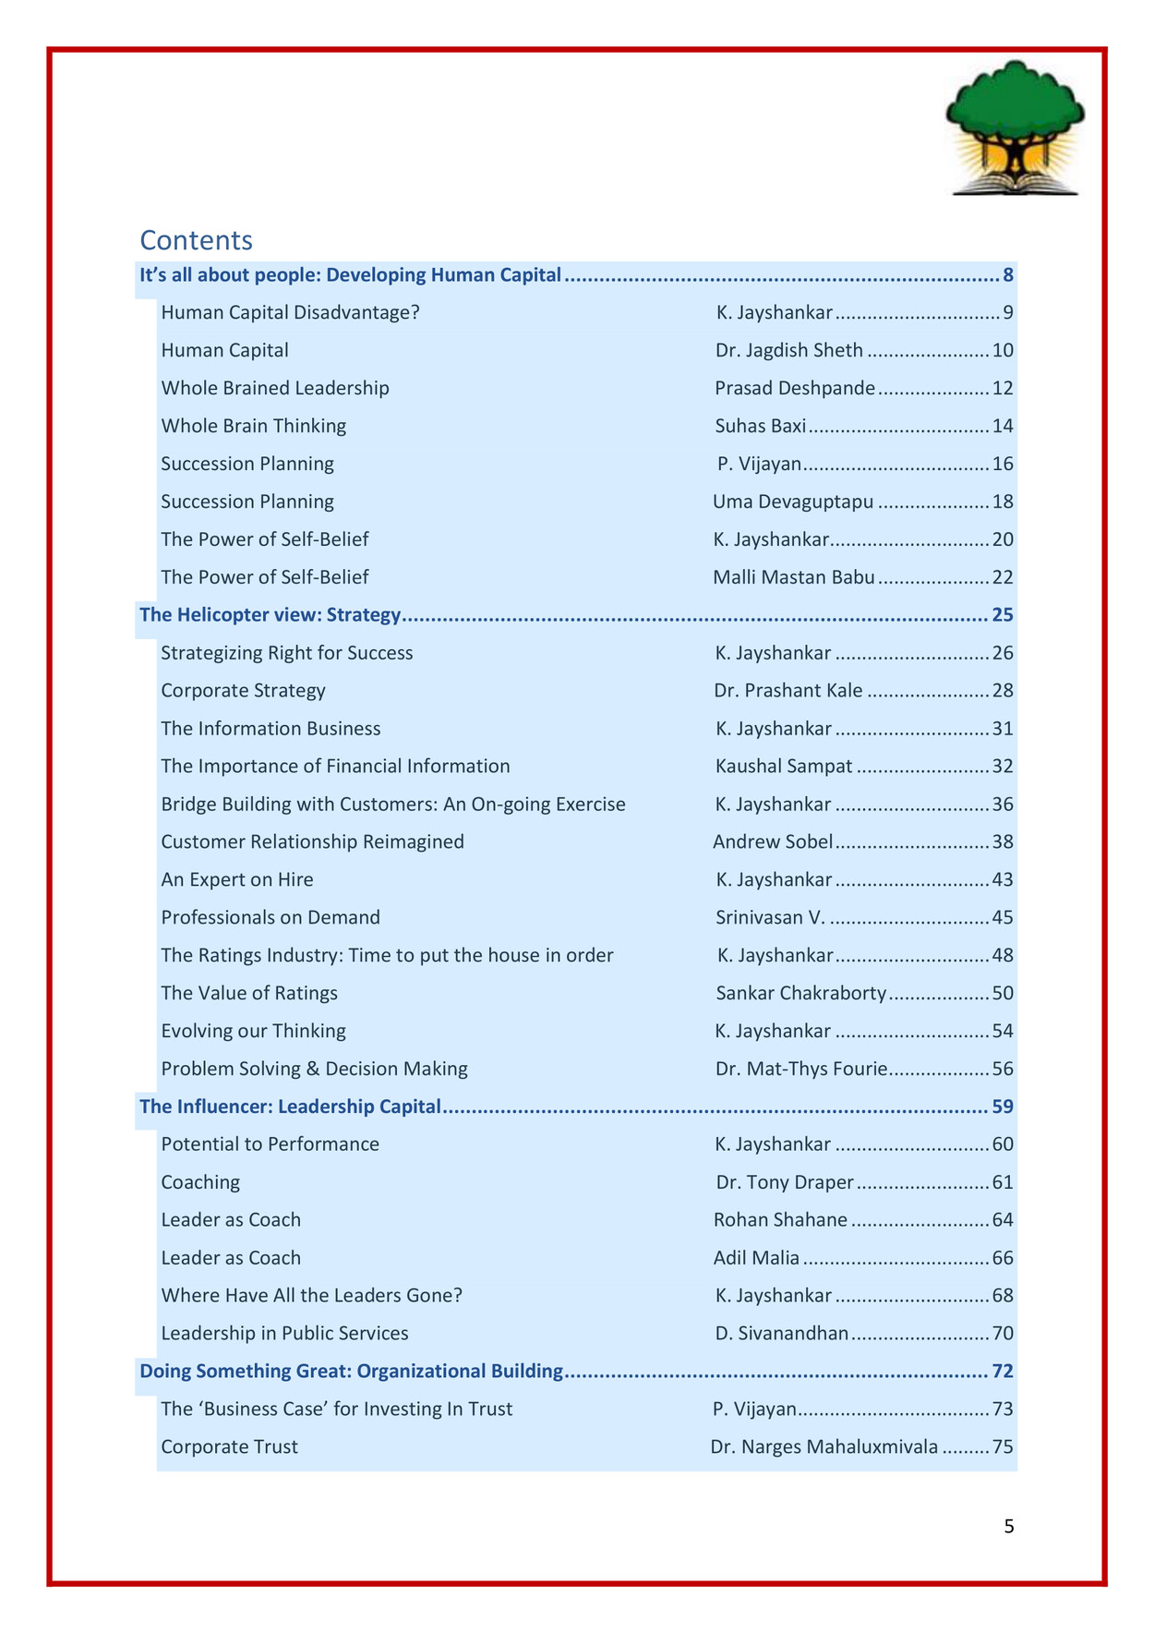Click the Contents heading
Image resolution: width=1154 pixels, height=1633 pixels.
pos(196,240)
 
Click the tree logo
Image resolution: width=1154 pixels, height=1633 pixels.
pos(1015,127)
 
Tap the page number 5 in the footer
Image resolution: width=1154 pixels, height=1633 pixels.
pos(1008,1527)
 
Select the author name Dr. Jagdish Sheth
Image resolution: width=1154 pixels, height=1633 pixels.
pos(788,350)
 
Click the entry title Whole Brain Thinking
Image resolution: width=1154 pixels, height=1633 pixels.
pos(253,426)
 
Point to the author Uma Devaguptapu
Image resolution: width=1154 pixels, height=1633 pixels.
pos(792,502)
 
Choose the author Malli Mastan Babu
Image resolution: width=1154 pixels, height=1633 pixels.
pos(793,577)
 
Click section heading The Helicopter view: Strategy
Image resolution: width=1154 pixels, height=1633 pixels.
pos(270,615)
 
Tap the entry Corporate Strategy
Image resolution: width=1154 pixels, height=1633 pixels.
pos(243,691)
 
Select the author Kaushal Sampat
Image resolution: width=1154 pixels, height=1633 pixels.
pos(783,767)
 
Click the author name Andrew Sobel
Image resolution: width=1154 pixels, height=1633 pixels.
pos(773,841)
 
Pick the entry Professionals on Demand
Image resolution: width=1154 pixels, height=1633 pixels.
pos(270,917)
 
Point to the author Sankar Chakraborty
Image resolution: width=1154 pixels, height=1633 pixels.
pos(800,993)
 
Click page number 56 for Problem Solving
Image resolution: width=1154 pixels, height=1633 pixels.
pos(1003,1069)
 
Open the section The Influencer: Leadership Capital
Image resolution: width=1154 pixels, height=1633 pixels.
pos(290,1107)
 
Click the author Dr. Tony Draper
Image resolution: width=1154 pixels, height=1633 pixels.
pos(785,1182)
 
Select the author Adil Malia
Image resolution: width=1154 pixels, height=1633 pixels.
pos(756,1258)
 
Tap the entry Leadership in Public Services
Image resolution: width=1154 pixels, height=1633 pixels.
pos(284,1333)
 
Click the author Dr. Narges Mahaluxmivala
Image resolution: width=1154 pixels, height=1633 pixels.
pos(823,1446)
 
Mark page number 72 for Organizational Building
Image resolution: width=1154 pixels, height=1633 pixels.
pos(1003,1371)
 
